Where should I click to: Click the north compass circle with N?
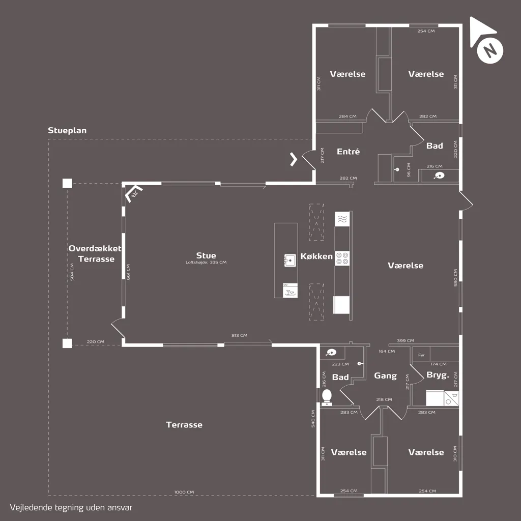pos(490,50)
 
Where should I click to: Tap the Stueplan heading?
pos(67,130)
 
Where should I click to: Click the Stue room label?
pos(206,255)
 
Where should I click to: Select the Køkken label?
pos(316,256)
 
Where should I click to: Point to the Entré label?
pos(348,152)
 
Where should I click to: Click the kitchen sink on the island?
pos(290,260)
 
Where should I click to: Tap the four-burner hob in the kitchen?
pos(342,258)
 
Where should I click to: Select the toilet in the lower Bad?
pos(327,397)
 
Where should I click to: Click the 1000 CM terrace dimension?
pos(184,492)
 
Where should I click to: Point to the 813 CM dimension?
pos(239,335)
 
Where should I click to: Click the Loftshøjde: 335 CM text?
pos(206,262)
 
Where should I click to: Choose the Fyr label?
pos(421,355)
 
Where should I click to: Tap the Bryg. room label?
pos(438,375)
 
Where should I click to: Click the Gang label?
pos(386,376)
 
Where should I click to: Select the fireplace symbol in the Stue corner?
pos(134,194)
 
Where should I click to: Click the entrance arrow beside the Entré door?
pos(294,159)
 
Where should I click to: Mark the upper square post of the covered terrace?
pos(67,183)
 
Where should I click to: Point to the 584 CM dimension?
pos(72,272)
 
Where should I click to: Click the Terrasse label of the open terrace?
pos(184,425)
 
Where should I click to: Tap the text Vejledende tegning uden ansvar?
pos(71,508)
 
